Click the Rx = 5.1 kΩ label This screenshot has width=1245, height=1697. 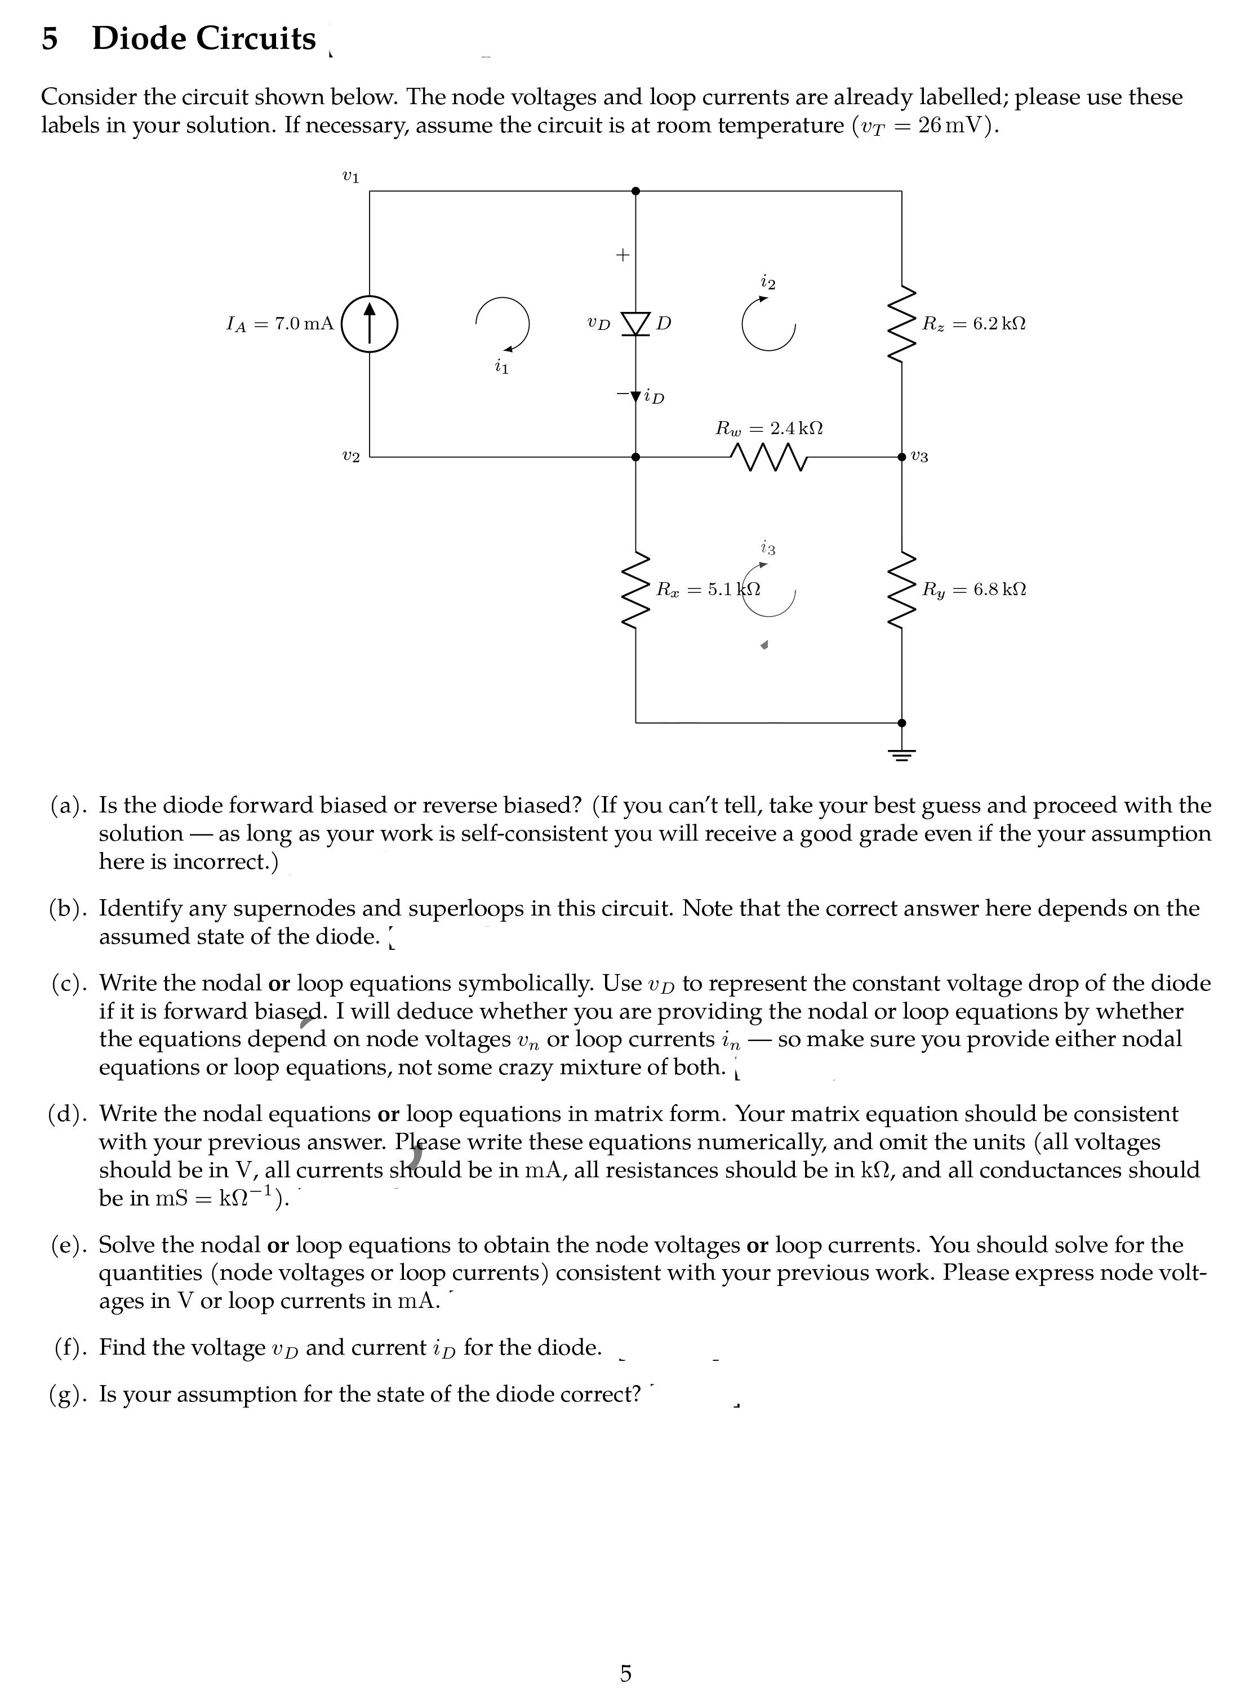coord(708,589)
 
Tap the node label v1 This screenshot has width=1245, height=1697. coord(350,178)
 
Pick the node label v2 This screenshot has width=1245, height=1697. coord(350,457)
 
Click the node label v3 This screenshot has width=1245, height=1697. coord(919,457)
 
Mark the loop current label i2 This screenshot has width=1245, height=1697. coord(768,283)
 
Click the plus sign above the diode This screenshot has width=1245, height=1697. coord(622,256)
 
